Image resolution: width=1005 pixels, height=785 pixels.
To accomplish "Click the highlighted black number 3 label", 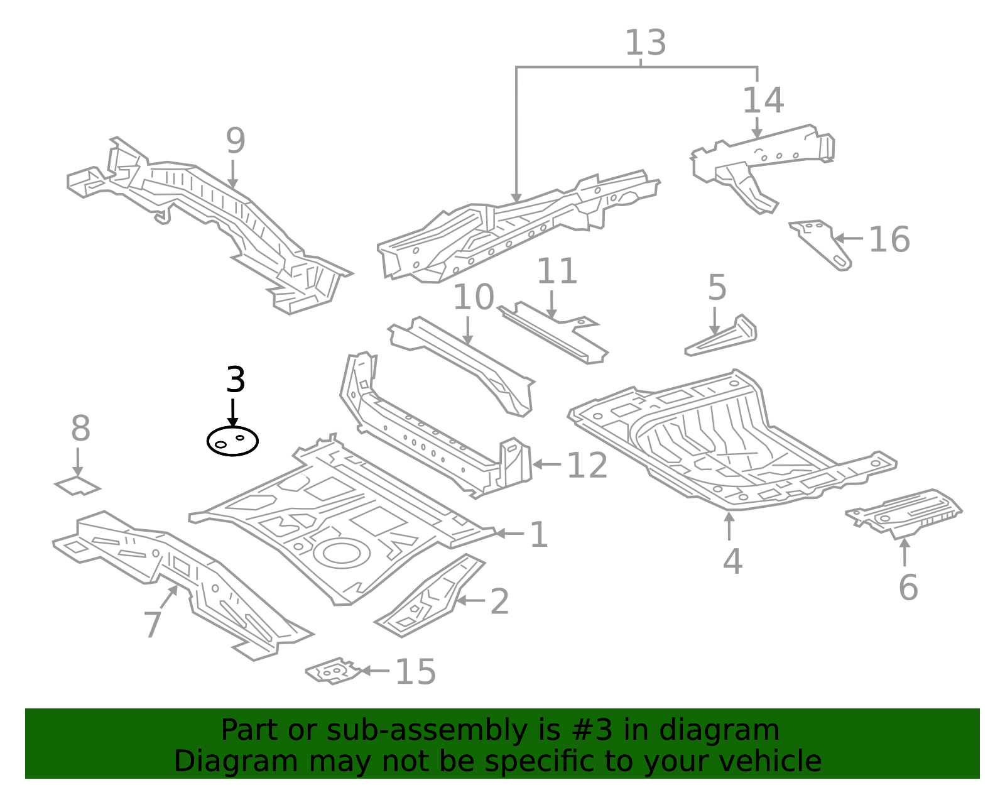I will point(236,381).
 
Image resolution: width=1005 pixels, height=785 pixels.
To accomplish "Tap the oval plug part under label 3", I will point(232,441).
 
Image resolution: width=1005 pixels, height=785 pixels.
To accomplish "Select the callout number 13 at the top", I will point(645,43).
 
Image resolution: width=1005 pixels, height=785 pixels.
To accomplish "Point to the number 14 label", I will point(763,101).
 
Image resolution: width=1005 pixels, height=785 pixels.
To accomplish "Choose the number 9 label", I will point(236,141).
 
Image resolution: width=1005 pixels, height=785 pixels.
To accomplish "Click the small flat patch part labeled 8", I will point(77,486).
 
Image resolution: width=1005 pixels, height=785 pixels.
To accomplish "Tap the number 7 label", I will point(153,625).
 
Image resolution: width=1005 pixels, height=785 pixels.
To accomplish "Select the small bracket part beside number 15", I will point(333,672).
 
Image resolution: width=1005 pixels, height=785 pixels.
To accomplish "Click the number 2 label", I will point(499,602).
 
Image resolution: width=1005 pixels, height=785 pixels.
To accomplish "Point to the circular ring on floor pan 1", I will point(341,552).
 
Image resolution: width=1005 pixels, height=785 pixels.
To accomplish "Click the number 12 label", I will point(587,466).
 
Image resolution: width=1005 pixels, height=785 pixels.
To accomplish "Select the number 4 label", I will point(732,561).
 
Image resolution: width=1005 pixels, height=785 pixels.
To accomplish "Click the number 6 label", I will point(908,588).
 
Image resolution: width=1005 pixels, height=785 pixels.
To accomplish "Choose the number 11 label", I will point(557,272).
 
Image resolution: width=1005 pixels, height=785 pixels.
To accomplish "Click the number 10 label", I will point(474,297).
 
